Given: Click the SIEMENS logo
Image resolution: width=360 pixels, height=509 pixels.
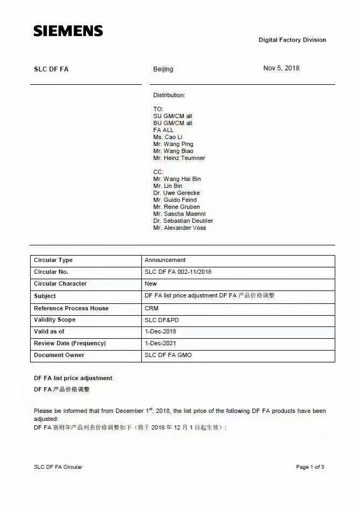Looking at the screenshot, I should coord(68,31).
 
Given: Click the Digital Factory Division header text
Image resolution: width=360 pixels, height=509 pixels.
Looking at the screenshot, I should coord(292,40).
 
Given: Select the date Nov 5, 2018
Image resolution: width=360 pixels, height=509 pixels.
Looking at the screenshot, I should coord(281,68).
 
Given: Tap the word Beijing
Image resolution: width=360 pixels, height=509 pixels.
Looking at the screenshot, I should coord(163,69).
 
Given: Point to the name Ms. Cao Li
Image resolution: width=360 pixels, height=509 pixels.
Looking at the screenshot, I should coord(168,137).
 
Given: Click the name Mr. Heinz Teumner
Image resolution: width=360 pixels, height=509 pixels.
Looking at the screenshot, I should coord(179,158).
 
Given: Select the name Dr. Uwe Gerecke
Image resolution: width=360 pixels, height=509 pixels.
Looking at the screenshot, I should coord(176,193).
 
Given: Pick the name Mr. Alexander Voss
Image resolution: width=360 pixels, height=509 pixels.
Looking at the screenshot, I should coord(179,228).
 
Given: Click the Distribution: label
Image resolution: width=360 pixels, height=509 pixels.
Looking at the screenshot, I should coord(169,95).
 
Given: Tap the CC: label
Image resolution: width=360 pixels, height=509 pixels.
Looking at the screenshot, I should coord(158,172).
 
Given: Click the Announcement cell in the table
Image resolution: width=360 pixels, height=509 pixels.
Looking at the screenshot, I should coord(165,260).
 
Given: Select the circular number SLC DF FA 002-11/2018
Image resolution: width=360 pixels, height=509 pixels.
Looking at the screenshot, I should coord(178,272).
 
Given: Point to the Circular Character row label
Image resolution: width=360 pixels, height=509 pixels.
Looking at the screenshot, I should coord(60,283).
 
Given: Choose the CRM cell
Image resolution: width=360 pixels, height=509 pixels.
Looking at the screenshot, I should coord(152,308).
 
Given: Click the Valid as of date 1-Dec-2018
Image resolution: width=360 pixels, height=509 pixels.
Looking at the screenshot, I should coord(160,331).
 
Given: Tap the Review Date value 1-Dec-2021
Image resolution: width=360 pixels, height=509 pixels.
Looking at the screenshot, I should coord(160,343).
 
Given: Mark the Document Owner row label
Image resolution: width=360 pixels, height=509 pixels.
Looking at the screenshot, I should coord(59,355).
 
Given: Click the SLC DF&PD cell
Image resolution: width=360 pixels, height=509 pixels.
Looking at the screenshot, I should coord(162,320).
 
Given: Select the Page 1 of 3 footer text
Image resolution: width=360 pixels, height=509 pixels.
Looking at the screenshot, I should coord(310,467).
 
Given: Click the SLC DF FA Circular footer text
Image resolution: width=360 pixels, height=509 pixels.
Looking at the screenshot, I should coord(58,467).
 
